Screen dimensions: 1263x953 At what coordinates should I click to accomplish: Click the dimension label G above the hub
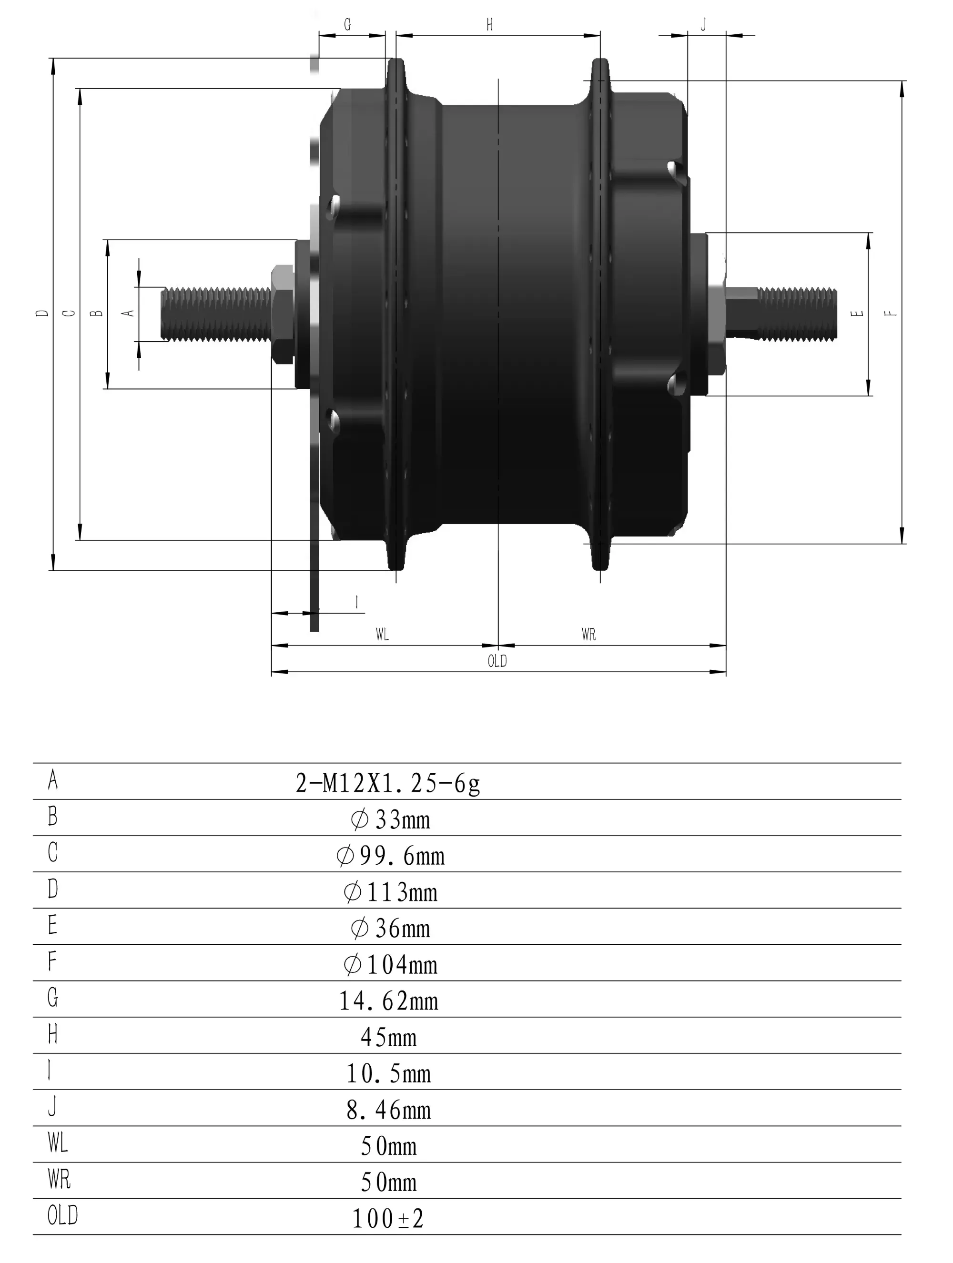click(347, 25)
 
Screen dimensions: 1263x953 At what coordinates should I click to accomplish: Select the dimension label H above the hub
click(489, 25)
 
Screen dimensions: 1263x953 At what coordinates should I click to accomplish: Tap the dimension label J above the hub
click(703, 25)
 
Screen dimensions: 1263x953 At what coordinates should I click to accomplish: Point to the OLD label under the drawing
click(497, 661)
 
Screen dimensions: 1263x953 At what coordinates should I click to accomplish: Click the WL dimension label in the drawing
click(382, 634)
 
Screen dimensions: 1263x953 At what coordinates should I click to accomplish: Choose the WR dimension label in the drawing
click(588, 634)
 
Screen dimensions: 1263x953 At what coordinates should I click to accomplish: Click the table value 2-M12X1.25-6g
click(388, 783)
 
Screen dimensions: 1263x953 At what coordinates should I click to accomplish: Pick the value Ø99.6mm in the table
click(391, 855)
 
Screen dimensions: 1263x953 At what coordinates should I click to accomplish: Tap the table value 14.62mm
click(389, 1001)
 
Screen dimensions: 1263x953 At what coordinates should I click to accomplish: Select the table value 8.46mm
click(389, 1110)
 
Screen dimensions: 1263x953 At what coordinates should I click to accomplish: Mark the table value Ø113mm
click(391, 892)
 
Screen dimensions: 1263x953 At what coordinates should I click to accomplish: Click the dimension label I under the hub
click(357, 602)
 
